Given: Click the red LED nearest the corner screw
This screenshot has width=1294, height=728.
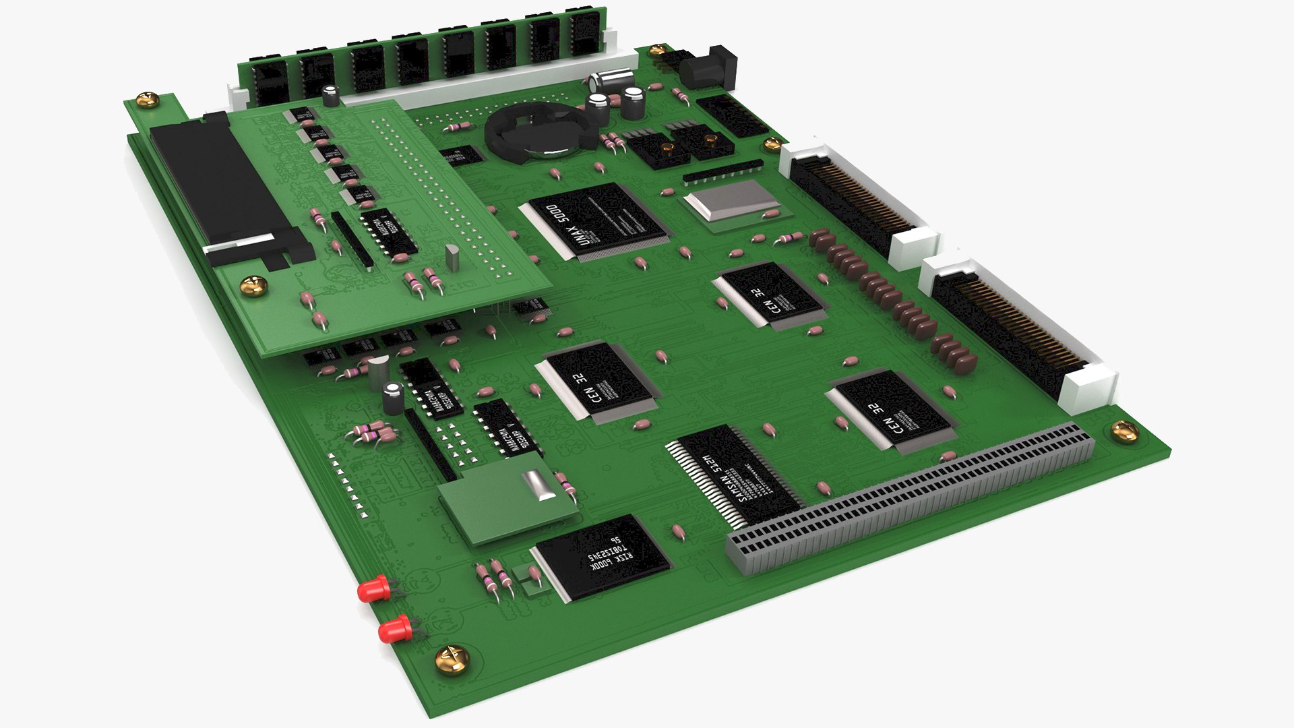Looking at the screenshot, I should pos(394,631).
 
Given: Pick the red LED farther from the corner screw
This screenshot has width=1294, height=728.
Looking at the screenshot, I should pos(373,590).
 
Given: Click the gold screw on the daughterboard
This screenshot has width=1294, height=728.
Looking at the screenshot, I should pos(254,285).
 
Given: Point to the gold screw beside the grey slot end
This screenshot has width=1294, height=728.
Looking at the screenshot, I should pos(1124,430).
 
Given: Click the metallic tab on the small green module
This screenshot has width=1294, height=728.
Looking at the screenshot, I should pos(539,485).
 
